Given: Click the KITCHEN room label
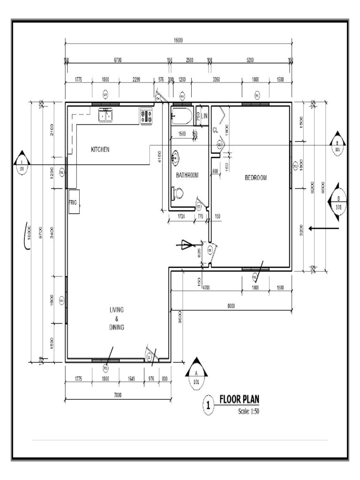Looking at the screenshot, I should click(x=100, y=150).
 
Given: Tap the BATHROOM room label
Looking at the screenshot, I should click(x=187, y=175).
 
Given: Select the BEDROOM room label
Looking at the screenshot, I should click(x=256, y=178).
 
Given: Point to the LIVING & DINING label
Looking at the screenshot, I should click(x=117, y=318).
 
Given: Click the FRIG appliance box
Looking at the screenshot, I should click(x=74, y=202).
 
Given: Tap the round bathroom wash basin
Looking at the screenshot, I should click(x=175, y=157).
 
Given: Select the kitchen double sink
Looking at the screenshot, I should click(x=105, y=114).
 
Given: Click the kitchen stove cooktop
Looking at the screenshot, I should click(x=146, y=116).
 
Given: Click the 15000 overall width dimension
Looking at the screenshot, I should click(x=178, y=40).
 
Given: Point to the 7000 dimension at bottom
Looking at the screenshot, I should click(x=117, y=396).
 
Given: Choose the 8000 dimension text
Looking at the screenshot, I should click(x=231, y=306).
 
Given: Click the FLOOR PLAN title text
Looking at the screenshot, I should click(x=239, y=399).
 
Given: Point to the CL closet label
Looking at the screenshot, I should click(x=215, y=129).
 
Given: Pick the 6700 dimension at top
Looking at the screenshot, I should click(x=117, y=60).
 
